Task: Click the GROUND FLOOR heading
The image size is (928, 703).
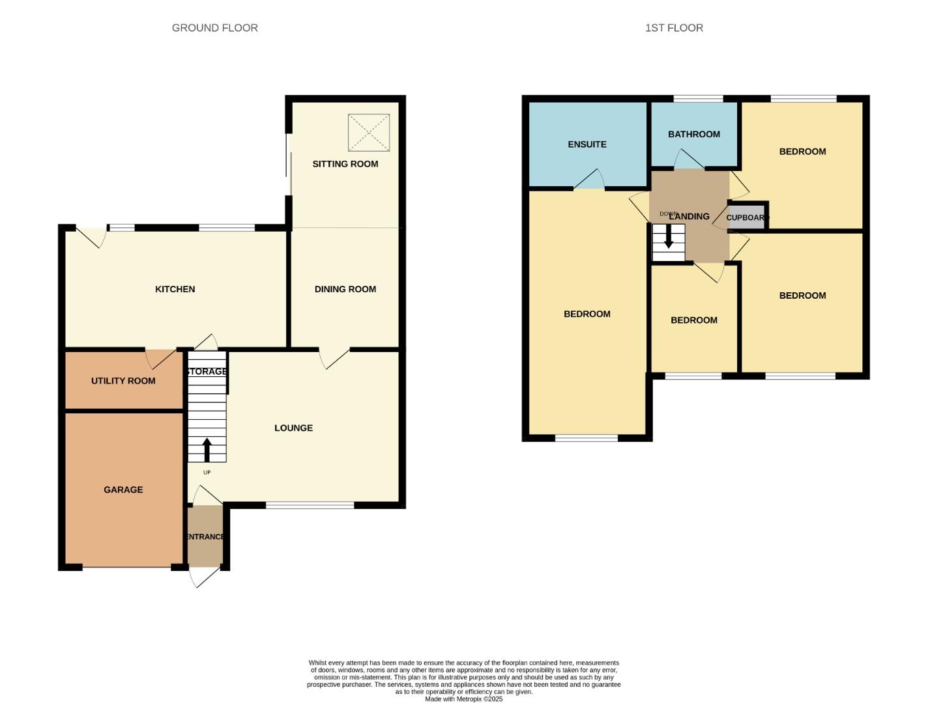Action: point(214,28)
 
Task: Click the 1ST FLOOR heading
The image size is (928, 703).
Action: point(674,28)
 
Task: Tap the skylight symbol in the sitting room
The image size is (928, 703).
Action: point(368,133)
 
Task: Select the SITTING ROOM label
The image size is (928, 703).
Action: point(345,164)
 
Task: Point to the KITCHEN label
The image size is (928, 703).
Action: point(175,289)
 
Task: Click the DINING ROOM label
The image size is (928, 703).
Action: point(345,289)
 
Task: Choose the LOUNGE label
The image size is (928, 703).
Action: point(293,428)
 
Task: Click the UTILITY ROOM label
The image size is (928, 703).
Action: point(123,381)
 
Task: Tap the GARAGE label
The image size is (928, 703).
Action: point(123,489)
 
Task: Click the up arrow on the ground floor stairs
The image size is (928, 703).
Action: point(207,450)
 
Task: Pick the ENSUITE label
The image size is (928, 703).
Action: point(587,145)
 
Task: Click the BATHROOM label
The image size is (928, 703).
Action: point(693,134)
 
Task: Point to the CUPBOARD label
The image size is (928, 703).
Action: point(747,217)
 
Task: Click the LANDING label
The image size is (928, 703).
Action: point(689,216)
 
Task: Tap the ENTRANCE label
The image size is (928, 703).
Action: point(205,537)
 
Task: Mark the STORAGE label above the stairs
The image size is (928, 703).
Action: point(207,372)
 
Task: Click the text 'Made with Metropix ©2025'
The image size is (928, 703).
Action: point(463,699)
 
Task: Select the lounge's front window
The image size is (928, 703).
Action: point(310,505)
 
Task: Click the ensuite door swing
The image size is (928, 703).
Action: point(590,180)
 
